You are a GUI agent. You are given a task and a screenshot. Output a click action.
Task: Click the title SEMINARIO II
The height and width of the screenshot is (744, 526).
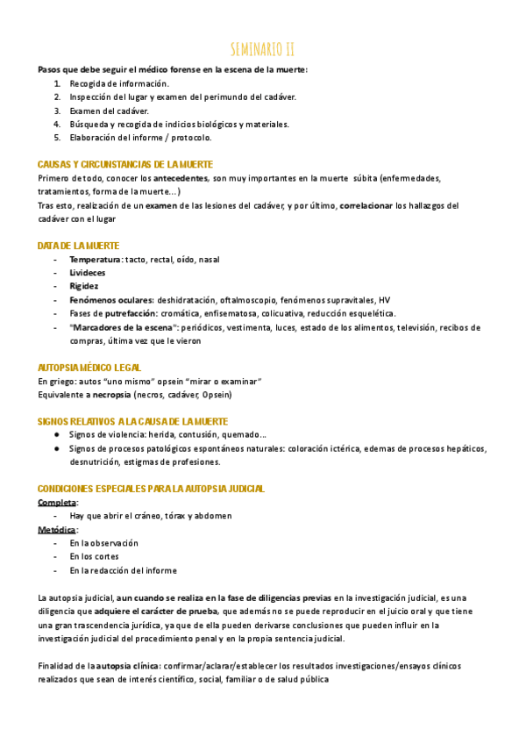[262, 48]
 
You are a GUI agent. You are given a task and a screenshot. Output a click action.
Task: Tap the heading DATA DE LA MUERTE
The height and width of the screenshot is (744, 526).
[79, 246]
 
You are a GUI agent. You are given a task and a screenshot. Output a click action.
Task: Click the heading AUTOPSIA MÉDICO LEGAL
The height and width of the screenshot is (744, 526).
[89, 368]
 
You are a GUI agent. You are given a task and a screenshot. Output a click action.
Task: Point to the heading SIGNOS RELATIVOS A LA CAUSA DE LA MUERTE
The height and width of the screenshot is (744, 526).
[133, 421]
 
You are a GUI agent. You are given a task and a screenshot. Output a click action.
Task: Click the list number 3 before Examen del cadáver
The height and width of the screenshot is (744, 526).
[57, 111]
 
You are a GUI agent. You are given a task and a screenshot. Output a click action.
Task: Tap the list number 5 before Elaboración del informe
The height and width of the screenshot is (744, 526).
[57, 137]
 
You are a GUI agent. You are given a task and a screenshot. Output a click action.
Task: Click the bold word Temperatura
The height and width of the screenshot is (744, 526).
[95, 260]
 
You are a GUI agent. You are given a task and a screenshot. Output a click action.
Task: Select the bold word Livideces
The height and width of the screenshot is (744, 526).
[88, 273]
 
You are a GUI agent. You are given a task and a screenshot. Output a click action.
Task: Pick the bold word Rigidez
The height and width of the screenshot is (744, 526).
[84, 286]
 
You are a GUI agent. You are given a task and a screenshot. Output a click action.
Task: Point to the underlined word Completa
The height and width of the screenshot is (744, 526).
[58, 502]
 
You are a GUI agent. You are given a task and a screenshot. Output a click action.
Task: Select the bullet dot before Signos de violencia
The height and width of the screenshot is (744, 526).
[57, 435]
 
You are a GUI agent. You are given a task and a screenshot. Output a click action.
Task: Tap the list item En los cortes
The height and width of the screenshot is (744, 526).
[94, 556]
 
